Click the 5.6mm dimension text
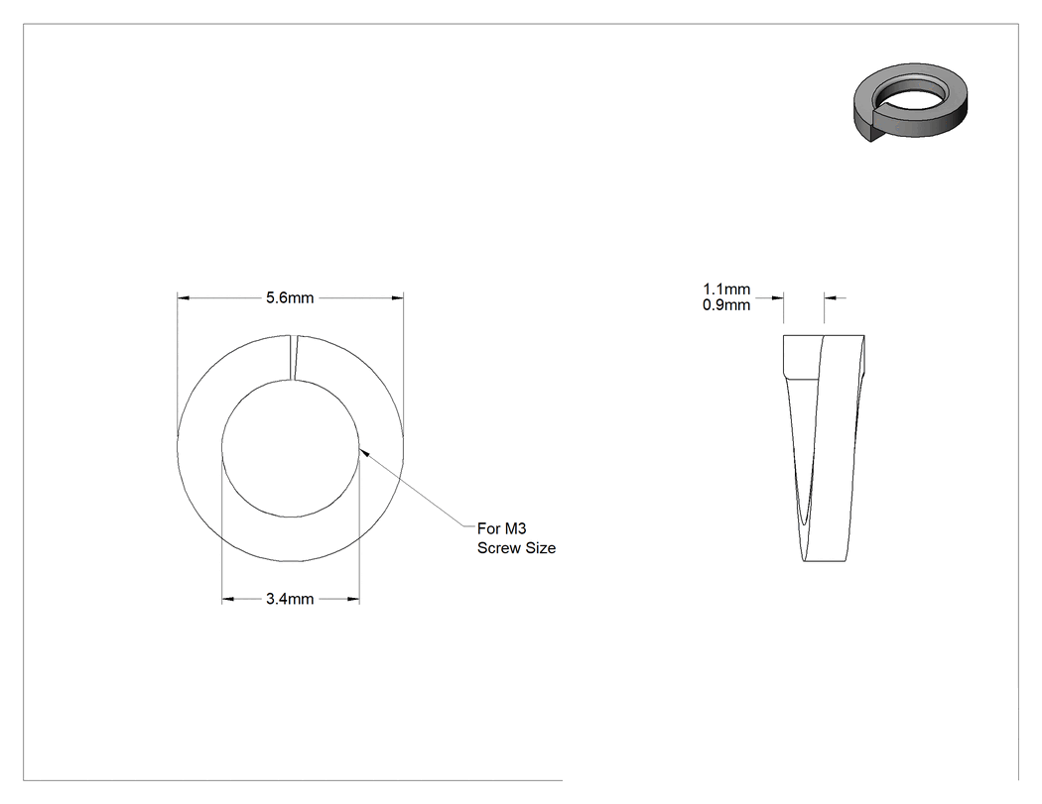click(x=290, y=298)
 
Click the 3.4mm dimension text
click(x=290, y=599)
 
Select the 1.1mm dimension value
click(x=726, y=289)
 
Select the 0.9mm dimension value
click(x=726, y=305)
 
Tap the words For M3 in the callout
click(x=502, y=528)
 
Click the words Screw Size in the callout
click(x=516, y=548)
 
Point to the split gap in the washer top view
click(x=294, y=358)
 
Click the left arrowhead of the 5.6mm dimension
click(x=184, y=298)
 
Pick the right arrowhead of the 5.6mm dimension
click(x=397, y=298)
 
